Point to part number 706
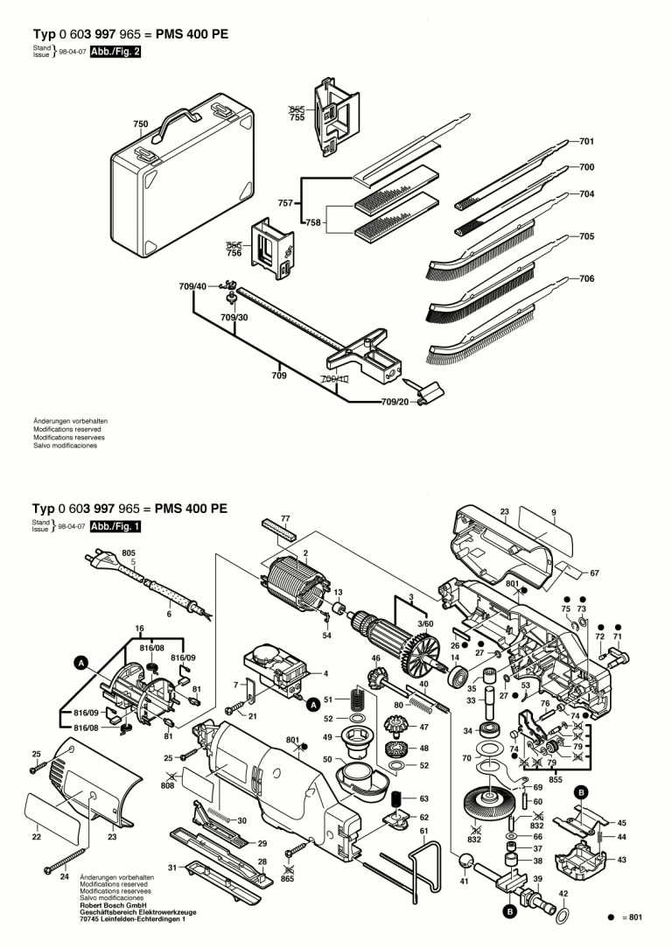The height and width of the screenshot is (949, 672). click(x=586, y=279)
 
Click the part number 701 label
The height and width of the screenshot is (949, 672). click(x=586, y=141)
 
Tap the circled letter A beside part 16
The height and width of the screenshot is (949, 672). click(x=80, y=664)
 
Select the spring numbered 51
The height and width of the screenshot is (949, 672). click(x=356, y=699)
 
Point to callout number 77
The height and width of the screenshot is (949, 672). click(x=284, y=519)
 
